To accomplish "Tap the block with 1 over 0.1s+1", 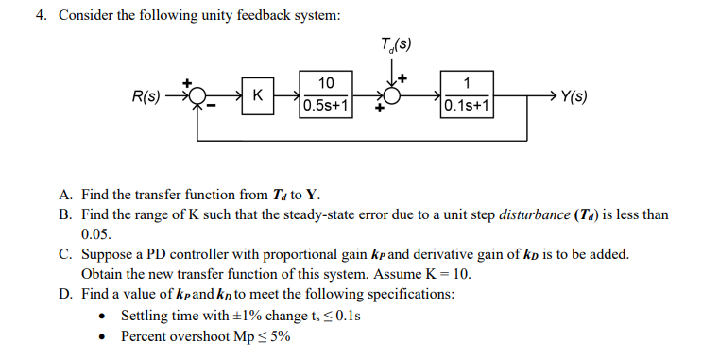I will [x=468, y=94].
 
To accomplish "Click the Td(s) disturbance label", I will [x=396, y=43].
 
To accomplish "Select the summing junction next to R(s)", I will [x=197, y=95].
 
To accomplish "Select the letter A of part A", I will [x=64, y=195].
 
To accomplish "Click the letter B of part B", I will [x=64, y=214].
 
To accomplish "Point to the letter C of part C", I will [x=64, y=255].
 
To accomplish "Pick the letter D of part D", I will [x=64, y=295].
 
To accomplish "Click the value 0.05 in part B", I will [x=95, y=234].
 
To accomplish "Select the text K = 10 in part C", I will [x=448, y=275].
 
